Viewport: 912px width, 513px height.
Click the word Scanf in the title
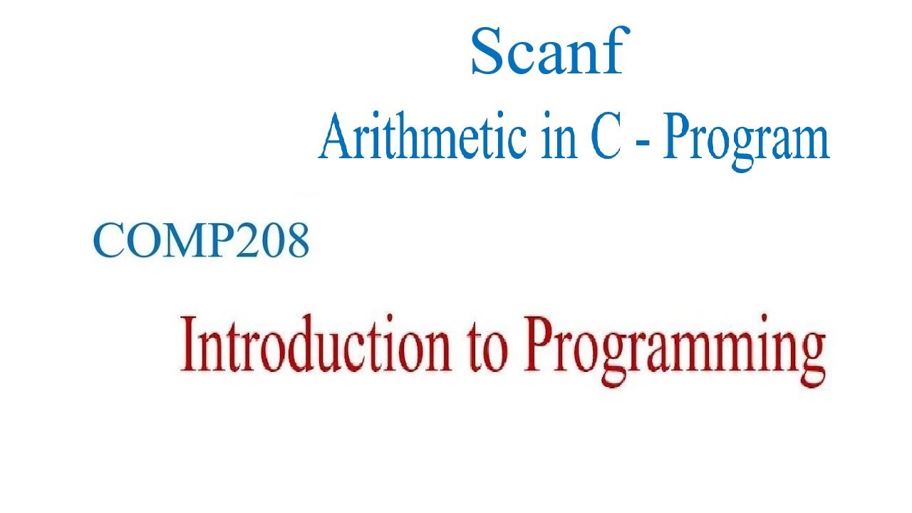pyautogui.click(x=547, y=53)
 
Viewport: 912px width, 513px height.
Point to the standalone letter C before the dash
pyautogui.click(x=604, y=138)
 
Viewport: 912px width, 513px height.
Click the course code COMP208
pyautogui.click(x=202, y=239)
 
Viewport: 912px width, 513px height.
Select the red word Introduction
pyautogui.click(x=316, y=346)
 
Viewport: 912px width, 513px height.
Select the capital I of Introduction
pyautogui.click(x=189, y=346)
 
